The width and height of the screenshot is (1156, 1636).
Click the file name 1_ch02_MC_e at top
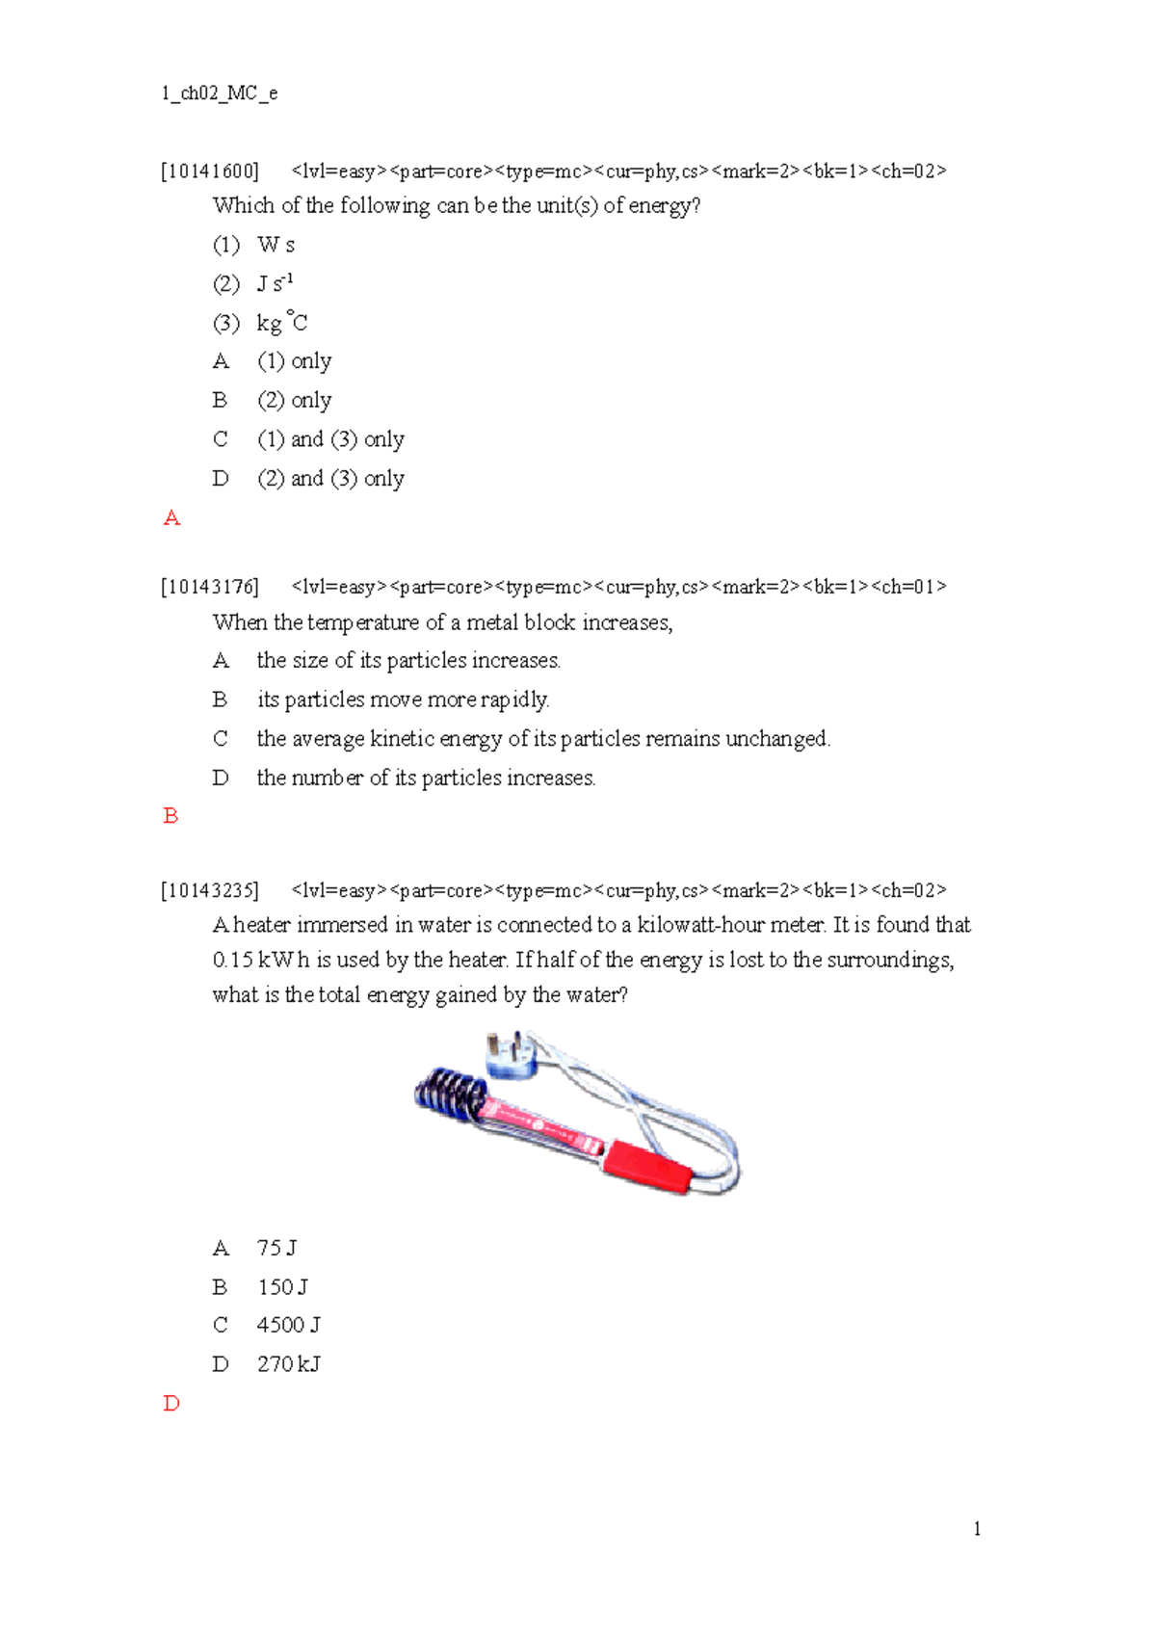pos(220,93)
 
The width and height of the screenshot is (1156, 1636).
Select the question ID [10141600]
pos(210,172)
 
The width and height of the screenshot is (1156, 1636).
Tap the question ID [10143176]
pos(210,587)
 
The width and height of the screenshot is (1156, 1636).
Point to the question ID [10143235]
pos(210,890)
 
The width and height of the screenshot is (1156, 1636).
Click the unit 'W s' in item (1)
pos(276,245)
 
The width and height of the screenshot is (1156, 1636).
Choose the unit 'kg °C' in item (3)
pos(281,323)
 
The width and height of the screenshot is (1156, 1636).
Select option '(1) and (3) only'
pos(330,439)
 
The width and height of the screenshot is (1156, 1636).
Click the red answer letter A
pos(171,518)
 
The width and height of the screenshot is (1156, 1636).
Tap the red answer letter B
pos(171,816)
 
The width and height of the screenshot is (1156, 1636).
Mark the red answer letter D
pos(171,1404)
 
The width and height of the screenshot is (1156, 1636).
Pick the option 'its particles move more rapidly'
pos(403,699)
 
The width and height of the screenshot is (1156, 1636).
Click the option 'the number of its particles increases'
pos(426,778)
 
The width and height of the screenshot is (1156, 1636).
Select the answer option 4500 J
pos(288,1326)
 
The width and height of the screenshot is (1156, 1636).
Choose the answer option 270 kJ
pos(288,1364)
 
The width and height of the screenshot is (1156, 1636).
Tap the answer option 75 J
pos(276,1249)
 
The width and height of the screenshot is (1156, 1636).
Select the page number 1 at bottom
pos(977,1529)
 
